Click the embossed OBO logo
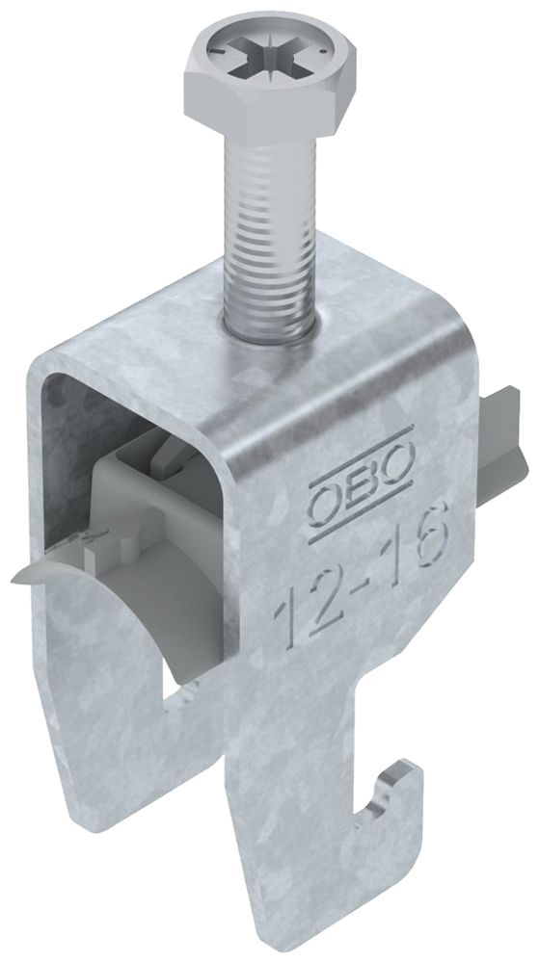tap(361, 476)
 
